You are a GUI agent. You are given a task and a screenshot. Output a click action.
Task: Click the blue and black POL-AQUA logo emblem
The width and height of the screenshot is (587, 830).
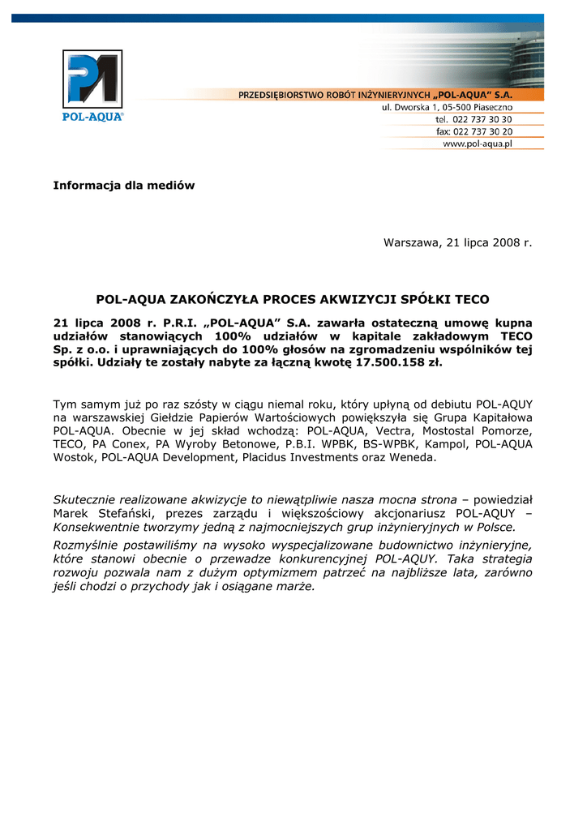pos(92,79)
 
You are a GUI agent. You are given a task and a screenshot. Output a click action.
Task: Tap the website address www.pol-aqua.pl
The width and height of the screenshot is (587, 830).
pos(477,143)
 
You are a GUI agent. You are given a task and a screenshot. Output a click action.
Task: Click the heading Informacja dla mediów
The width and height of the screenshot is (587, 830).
pos(124,186)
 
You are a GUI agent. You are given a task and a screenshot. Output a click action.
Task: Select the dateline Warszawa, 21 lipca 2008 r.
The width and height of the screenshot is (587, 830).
pos(458,243)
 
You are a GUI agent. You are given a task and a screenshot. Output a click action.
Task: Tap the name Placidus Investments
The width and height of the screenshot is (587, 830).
pos(294,458)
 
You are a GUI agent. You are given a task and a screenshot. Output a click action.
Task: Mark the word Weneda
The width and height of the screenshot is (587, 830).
pos(413,458)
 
